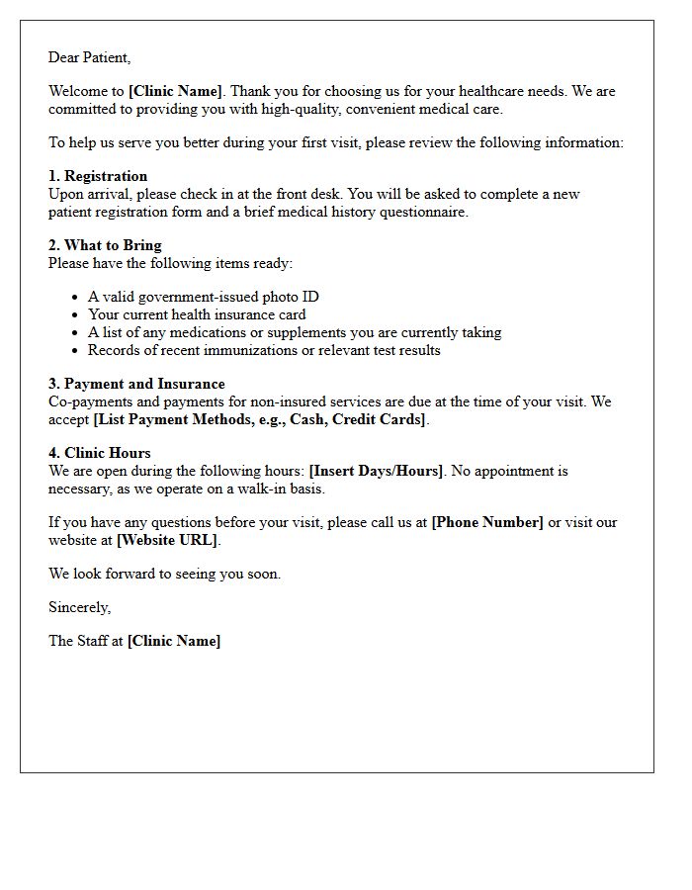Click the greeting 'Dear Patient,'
click(x=89, y=57)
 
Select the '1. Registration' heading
click(x=98, y=176)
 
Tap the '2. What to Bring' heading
click(x=105, y=245)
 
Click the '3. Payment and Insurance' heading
click(x=136, y=384)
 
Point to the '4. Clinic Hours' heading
click(x=100, y=453)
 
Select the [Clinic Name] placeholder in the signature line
click(x=174, y=641)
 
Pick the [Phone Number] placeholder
click(x=487, y=522)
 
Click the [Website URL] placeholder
click(x=168, y=540)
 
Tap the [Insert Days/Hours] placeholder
click(x=377, y=471)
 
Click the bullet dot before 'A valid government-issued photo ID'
click(x=75, y=298)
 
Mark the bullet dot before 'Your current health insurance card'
click(x=75, y=315)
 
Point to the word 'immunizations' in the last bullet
click(x=234, y=350)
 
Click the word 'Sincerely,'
click(x=80, y=607)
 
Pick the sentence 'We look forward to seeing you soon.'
click(x=164, y=574)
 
